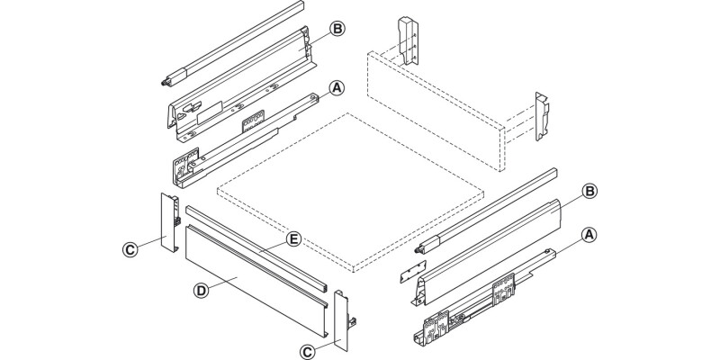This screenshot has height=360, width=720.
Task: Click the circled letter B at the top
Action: (337, 29)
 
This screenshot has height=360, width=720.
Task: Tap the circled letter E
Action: (292, 238)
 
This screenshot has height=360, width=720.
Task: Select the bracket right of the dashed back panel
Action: (545, 117)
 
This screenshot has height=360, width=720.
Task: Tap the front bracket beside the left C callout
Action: (170, 224)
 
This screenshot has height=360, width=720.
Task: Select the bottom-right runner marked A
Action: (477, 306)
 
